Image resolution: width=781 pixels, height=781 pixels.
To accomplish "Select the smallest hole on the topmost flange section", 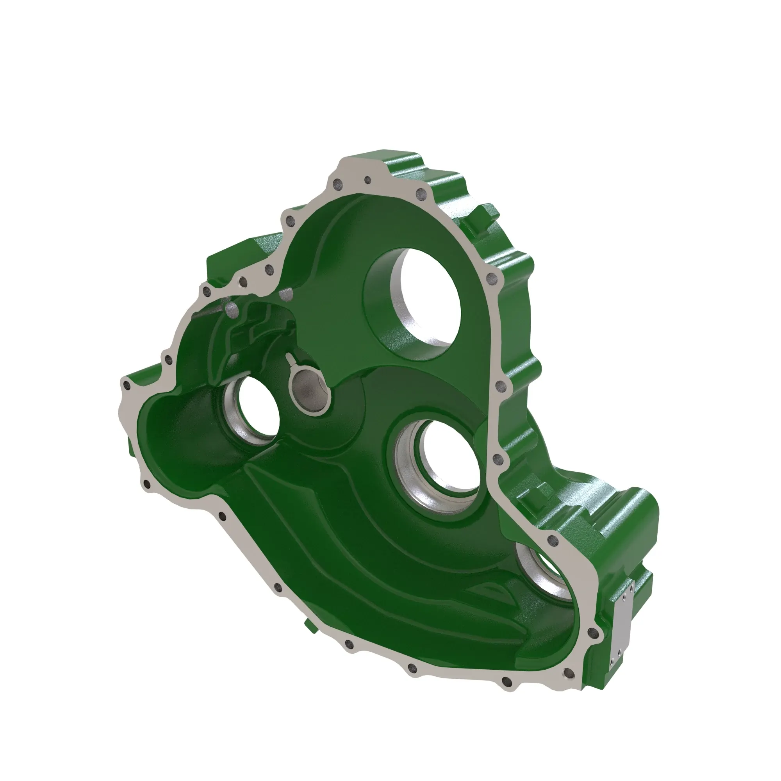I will click(x=367, y=180).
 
